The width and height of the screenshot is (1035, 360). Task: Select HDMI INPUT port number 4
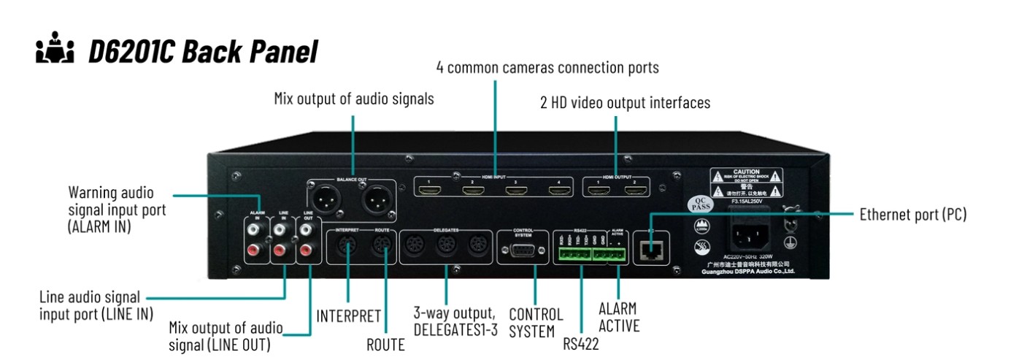click(560, 192)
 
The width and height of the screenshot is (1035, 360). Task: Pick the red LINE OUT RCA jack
click(307, 252)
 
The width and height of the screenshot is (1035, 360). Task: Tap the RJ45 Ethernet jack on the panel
click(649, 251)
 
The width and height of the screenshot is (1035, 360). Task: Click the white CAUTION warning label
click(746, 183)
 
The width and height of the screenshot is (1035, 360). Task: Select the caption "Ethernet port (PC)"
click(913, 215)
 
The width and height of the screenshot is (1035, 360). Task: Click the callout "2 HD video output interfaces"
click(626, 104)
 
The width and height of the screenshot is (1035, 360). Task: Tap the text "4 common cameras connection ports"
click(547, 68)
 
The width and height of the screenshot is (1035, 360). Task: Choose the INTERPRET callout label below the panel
click(349, 316)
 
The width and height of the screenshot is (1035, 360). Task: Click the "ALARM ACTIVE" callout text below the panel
click(619, 318)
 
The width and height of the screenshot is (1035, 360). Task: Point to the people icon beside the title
click(56, 51)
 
